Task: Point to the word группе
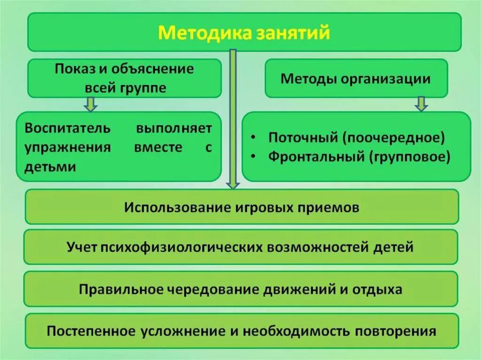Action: click(x=144, y=88)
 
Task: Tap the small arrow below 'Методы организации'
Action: click(x=421, y=104)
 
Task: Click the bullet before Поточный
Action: click(x=254, y=139)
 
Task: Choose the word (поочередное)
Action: click(x=393, y=138)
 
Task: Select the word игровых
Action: click(x=259, y=207)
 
